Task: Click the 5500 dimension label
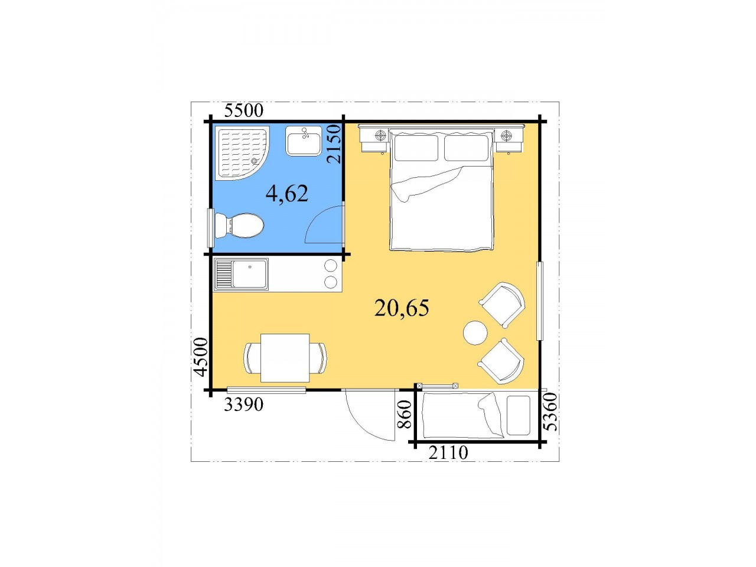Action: pyautogui.click(x=244, y=110)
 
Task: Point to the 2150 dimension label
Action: pyautogui.click(x=334, y=144)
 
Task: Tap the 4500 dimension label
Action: pyautogui.click(x=201, y=357)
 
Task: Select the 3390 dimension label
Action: pyautogui.click(x=243, y=405)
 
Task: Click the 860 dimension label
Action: pyautogui.click(x=405, y=414)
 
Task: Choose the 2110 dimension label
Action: pyautogui.click(x=448, y=452)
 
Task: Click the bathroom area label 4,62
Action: pyautogui.click(x=287, y=194)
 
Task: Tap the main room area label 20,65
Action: pyautogui.click(x=402, y=308)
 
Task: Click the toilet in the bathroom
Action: pyautogui.click(x=239, y=226)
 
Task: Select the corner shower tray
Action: pyautogui.click(x=242, y=153)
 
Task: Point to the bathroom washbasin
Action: pyautogui.click(x=304, y=141)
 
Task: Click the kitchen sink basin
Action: pyautogui.click(x=249, y=274)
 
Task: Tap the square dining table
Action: pyautogui.click(x=285, y=358)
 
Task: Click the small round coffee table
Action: pyautogui.click(x=475, y=333)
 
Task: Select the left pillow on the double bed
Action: pyautogui.click(x=416, y=148)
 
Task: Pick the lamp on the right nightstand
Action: pyautogui.click(x=505, y=135)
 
